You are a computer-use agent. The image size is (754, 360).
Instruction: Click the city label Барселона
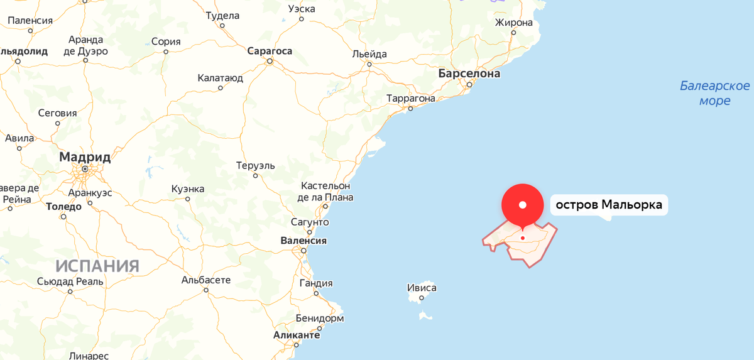tap(469, 74)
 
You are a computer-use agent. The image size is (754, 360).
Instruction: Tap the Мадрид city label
tap(85, 156)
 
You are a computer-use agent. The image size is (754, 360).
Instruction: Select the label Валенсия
tap(303, 241)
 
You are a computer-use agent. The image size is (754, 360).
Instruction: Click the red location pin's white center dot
tap(523, 205)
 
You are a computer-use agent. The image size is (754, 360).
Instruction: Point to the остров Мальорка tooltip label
tap(608, 205)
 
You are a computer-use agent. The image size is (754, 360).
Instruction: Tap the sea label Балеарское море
tap(715, 93)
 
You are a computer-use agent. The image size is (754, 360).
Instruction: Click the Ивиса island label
tap(422, 288)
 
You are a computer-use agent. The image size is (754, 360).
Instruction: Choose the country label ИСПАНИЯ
tap(97, 266)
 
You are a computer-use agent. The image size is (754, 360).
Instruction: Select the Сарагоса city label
tap(270, 51)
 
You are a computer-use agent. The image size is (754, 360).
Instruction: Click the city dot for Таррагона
tap(410, 109)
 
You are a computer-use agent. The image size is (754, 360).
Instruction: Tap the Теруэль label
tap(256, 165)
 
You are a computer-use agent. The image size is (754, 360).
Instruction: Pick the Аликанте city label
tap(296, 335)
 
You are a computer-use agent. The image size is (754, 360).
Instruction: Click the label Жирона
tap(513, 23)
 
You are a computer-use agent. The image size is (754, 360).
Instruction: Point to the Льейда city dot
tap(369, 64)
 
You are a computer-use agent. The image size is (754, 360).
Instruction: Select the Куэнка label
tap(187, 188)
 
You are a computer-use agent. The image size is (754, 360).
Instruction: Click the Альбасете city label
tap(206, 280)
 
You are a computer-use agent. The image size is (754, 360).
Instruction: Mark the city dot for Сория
tap(166, 52)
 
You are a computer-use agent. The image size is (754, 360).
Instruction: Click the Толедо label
tap(63, 206)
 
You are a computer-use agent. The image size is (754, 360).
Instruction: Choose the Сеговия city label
tap(57, 113)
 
